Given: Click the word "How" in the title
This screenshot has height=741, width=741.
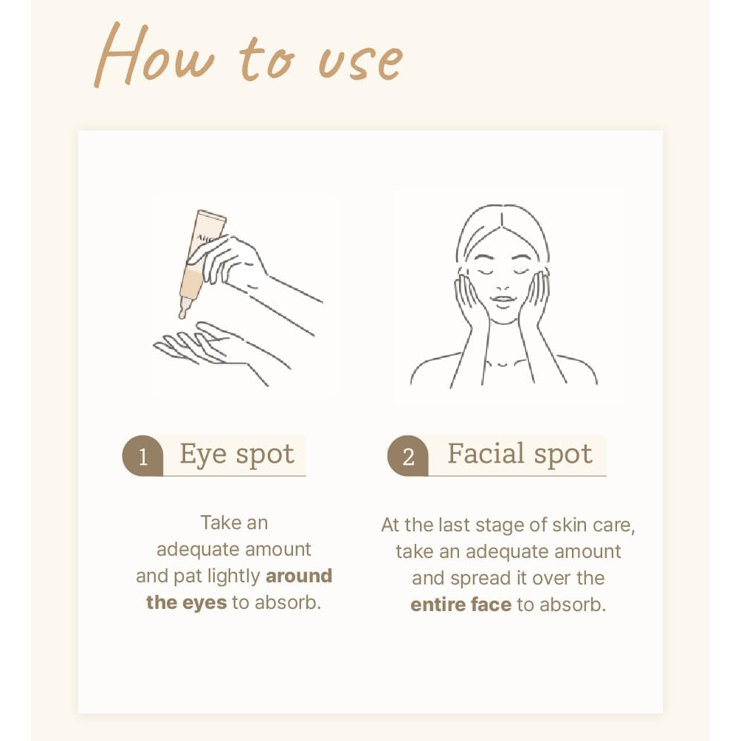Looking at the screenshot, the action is coord(154,55).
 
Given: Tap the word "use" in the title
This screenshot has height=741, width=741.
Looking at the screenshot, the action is coord(360,61).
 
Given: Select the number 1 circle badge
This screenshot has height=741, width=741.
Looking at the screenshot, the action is coord(142,455).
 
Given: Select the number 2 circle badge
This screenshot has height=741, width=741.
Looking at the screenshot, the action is coord(408,455).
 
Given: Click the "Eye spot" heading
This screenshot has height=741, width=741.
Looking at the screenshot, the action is coord(237,455).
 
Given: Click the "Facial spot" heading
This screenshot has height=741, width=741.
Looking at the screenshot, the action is coord(520,454).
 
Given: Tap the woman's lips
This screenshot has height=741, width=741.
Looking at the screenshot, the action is coord(503,300).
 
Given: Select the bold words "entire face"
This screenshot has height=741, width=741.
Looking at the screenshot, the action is coord(461,605).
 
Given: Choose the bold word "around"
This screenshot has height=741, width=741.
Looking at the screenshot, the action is coord(299,576).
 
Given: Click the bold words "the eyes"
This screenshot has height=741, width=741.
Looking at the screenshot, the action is coord(186,602).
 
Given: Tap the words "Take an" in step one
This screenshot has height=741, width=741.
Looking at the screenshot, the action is coord(235,523).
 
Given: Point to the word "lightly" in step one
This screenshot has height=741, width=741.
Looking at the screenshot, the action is coord(234,576).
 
